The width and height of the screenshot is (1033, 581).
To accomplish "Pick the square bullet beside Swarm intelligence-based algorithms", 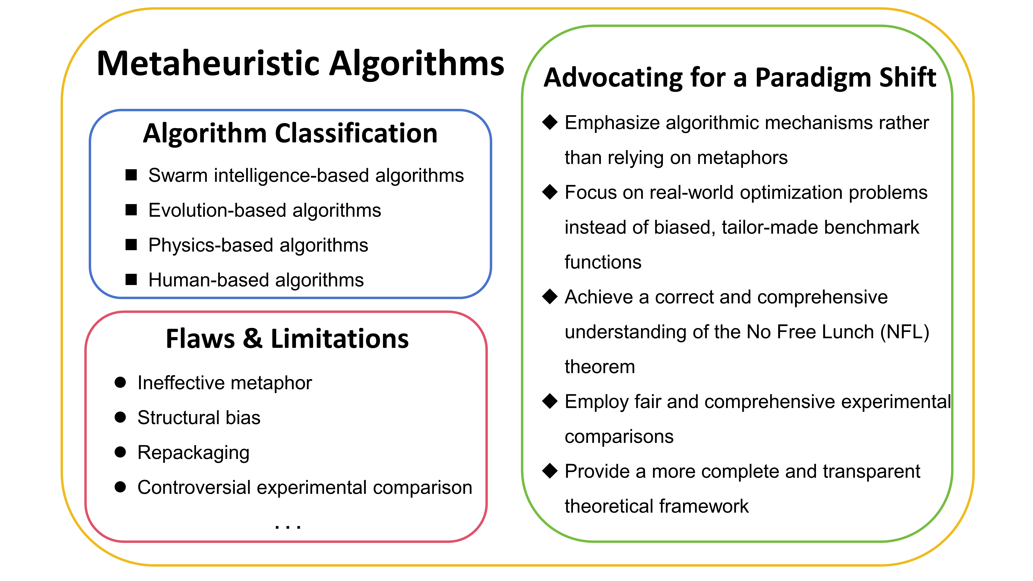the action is click(x=131, y=175).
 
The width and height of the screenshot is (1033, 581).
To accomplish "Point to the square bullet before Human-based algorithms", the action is click(x=131, y=279).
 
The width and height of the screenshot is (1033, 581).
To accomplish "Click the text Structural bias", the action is click(x=199, y=417).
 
